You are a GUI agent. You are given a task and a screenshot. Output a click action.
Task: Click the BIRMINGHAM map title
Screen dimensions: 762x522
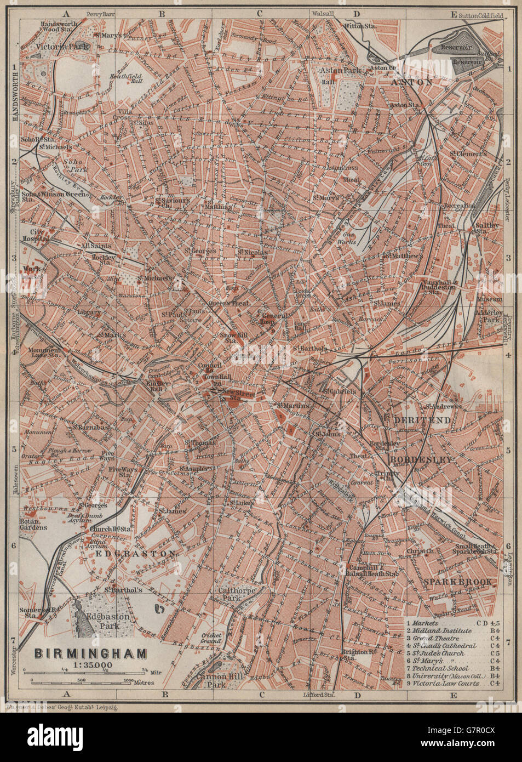pos(90,653)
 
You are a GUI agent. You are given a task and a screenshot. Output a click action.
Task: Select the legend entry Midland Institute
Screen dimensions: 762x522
pos(441,631)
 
